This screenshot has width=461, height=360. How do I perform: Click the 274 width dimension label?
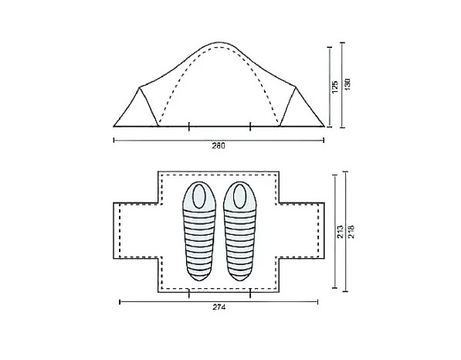tap(219, 308)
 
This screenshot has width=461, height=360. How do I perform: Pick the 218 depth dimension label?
tap(351, 229)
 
